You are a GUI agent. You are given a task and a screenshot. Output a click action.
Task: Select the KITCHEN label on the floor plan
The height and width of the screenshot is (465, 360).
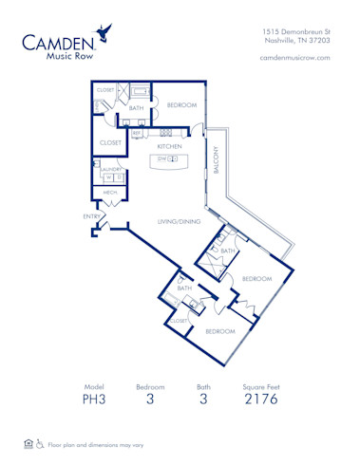point(169,147)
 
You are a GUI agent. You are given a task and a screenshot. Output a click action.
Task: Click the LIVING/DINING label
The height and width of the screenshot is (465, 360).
point(178,222)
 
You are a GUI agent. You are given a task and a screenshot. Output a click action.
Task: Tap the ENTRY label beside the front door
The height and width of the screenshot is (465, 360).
point(93,217)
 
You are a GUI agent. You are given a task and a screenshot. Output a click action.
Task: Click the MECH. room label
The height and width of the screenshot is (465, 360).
point(110,193)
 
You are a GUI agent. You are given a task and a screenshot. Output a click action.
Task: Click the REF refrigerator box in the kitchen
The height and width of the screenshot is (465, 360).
point(137,134)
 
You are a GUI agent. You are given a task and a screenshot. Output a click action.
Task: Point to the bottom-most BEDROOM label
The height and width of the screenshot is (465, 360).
point(220,331)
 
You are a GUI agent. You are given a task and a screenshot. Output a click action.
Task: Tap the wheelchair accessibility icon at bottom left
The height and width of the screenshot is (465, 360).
point(41,443)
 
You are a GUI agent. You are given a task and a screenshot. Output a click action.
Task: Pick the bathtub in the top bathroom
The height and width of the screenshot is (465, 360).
point(139,92)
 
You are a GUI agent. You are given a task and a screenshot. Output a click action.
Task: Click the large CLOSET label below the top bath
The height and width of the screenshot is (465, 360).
point(111,142)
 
